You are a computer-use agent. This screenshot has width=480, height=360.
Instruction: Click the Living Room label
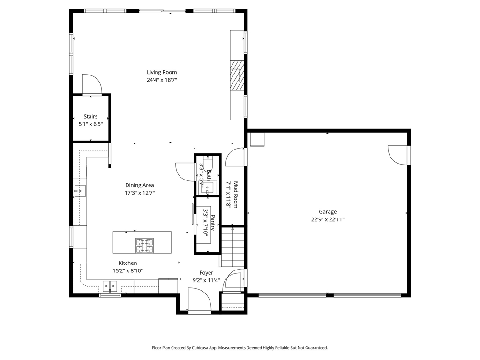tap(162, 72)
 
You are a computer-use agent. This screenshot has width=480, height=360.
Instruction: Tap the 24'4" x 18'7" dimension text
tap(162, 80)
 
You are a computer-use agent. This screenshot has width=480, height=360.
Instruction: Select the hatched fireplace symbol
tap(237, 75)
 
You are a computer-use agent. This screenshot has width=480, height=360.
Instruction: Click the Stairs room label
tap(90, 116)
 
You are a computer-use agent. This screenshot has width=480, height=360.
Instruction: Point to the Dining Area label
tap(139, 185)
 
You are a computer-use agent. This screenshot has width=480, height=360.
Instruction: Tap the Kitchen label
tap(127, 263)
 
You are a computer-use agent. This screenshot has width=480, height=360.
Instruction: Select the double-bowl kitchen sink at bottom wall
tap(111, 285)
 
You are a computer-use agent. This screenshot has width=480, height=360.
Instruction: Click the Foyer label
tap(206, 273)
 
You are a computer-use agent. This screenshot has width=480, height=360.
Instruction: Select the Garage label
tap(328, 212)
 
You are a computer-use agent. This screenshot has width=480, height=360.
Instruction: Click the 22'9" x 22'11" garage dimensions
tap(328, 219)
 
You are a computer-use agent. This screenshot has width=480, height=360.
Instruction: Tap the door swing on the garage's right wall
tap(397, 155)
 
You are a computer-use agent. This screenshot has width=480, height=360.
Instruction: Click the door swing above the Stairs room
tap(92, 84)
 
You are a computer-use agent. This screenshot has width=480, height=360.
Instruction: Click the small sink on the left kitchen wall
tap(80, 191)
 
